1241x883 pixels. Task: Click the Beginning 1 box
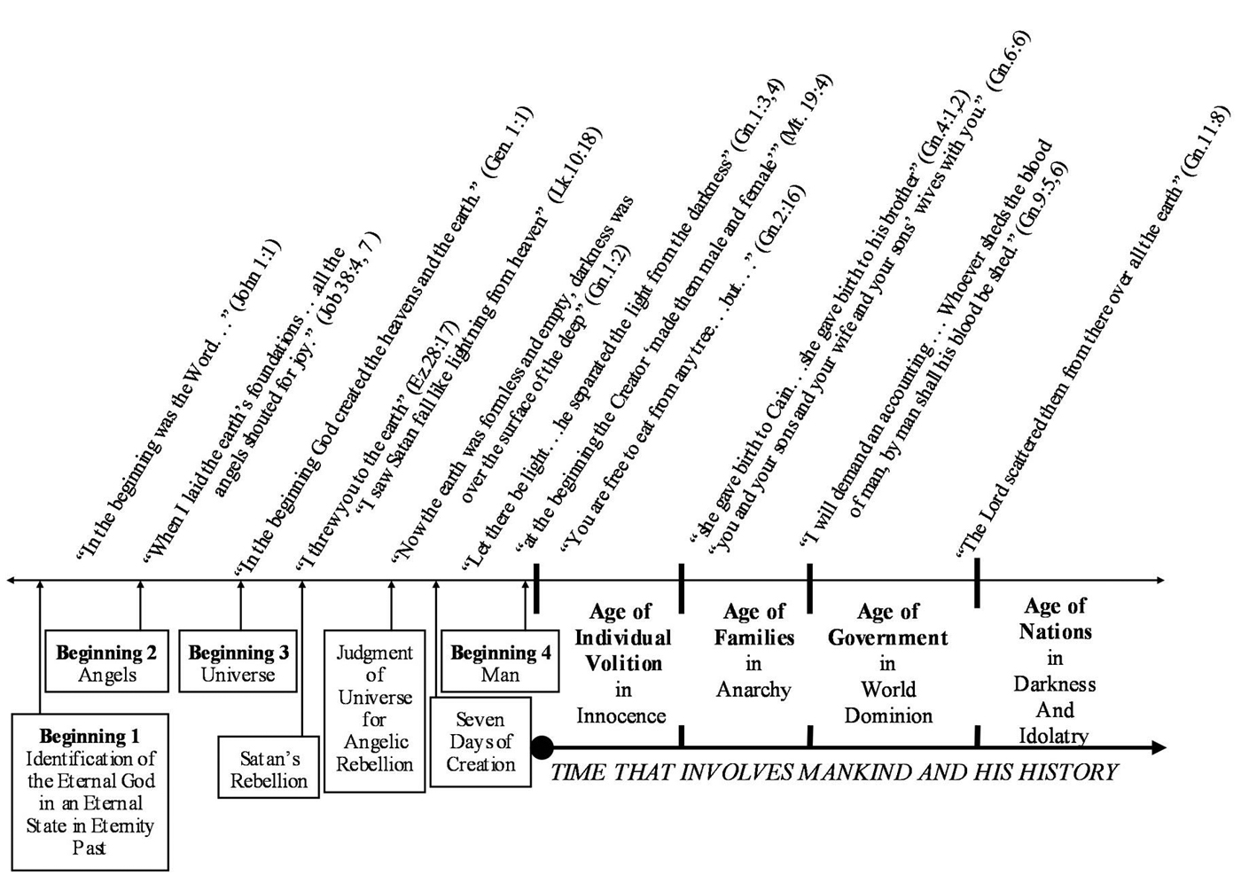pyautogui.click(x=90, y=791)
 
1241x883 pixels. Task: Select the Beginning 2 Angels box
pyautogui.click(x=107, y=662)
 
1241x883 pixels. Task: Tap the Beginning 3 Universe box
pyautogui.click(x=238, y=662)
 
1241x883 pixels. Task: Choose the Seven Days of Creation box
pyautogui.click(x=480, y=742)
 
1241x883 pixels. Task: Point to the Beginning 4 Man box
pyautogui.click(x=500, y=662)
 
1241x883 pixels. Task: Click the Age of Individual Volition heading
pyautogui.click(x=620, y=637)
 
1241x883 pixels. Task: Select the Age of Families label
pyautogui.click(x=753, y=624)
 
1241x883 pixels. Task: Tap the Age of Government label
pyautogui.click(x=888, y=624)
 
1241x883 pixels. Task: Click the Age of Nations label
pyautogui.click(x=1055, y=619)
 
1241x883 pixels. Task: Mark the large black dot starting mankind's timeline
pyautogui.click(x=542, y=747)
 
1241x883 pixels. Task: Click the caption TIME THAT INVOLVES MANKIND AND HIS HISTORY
pyautogui.click(x=833, y=772)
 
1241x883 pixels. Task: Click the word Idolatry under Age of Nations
pyautogui.click(x=1053, y=736)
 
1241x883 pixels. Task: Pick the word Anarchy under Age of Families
pyautogui.click(x=753, y=690)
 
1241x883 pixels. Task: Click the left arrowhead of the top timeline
pyautogui.click(x=11, y=581)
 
